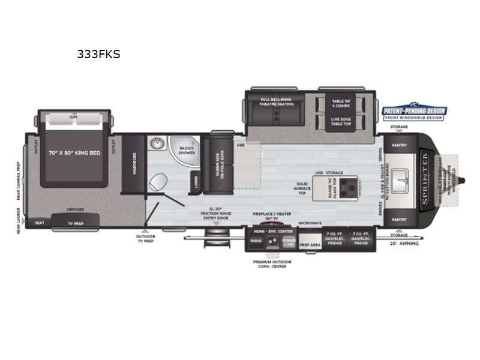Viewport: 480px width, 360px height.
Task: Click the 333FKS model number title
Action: click(x=98, y=54)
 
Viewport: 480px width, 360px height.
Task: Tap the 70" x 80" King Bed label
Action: click(x=74, y=153)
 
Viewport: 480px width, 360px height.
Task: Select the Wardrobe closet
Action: click(x=133, y=164)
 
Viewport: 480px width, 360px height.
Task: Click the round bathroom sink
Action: click(x=156, y=144)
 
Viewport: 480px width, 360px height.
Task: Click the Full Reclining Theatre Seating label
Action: click(x=276, y=101)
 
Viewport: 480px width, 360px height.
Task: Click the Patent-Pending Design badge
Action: click(x=415, y=112)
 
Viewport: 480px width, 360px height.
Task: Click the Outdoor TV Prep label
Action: click(x=145, y=239)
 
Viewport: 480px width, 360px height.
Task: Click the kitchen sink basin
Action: click(x=403, y=178)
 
